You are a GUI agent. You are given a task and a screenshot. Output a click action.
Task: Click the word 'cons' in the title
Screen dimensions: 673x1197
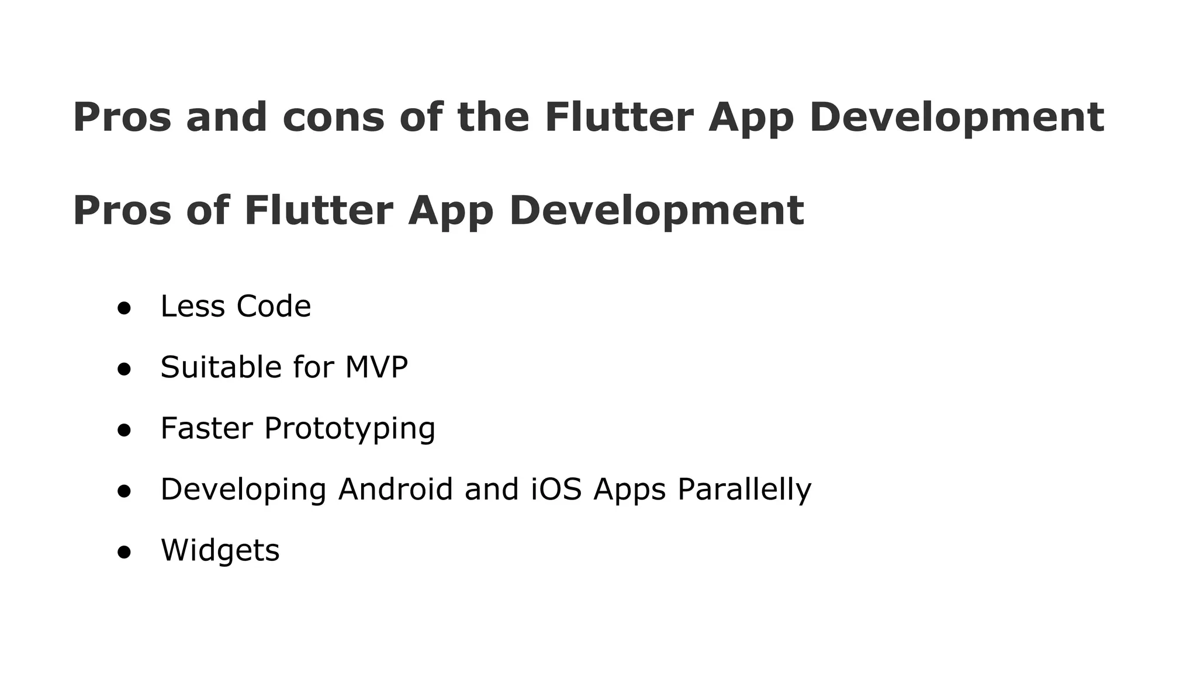click(333, 117)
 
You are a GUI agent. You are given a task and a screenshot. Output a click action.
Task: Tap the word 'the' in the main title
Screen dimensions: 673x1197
click(493, 117)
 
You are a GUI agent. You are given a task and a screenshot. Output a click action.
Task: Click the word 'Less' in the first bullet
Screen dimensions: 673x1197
click(192, 306)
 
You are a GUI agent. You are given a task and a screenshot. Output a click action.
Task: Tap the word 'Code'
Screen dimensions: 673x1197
click(274, 306)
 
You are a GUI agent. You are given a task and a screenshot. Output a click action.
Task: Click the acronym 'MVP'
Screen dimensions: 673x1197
click(376, 367)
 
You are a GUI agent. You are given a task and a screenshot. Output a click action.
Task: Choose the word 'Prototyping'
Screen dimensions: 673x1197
click(350, 429)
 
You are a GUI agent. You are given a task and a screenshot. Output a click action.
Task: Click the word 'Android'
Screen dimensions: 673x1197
click(396, 489)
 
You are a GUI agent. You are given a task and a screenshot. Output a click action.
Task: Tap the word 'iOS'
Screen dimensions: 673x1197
click(556, 489)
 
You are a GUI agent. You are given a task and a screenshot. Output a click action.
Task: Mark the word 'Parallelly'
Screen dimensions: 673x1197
click(744, 490)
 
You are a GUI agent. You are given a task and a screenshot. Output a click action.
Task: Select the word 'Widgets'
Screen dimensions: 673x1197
click(220, 551)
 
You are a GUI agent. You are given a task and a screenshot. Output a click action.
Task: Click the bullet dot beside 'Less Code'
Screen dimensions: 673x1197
click(123, 308)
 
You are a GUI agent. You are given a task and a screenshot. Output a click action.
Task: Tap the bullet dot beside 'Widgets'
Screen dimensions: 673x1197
click(123, 552)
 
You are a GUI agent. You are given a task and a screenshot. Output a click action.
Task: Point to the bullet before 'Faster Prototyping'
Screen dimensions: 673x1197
click(123, 431)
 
